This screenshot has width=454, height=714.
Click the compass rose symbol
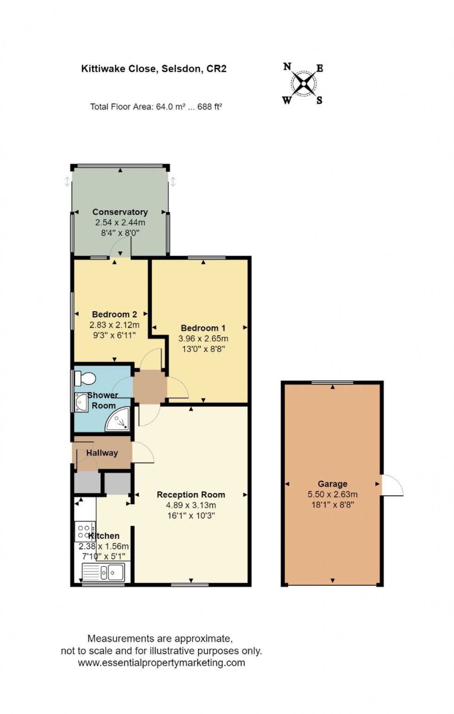(x=304, y=84)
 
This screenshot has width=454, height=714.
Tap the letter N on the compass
(x=287, y=67)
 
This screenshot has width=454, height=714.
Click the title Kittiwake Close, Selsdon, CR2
(x=154, y=69)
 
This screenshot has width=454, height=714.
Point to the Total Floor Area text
(x=156, y=107)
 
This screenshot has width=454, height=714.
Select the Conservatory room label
(x=120, y=212)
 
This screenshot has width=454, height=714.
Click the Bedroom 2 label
(x=114, y=314)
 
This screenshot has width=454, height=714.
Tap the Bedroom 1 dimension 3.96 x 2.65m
(x=203, y=338)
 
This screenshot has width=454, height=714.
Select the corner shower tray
(x=118, y=420)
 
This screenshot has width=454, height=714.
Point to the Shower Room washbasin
(x=82, y=402)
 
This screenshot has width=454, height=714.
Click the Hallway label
(x=102, y=453)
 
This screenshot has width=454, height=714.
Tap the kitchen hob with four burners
(x=85, y=531)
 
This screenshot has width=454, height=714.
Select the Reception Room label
(x=191, y=495)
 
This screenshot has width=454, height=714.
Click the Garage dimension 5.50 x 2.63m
(x=332, y=495)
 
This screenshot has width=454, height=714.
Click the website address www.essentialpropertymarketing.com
(x=161, y=663)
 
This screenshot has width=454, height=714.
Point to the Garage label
(x=332, y=484)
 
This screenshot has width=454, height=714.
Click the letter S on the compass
(x=319, y=100)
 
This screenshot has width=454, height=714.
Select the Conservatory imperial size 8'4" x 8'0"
(x=120, y=233)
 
